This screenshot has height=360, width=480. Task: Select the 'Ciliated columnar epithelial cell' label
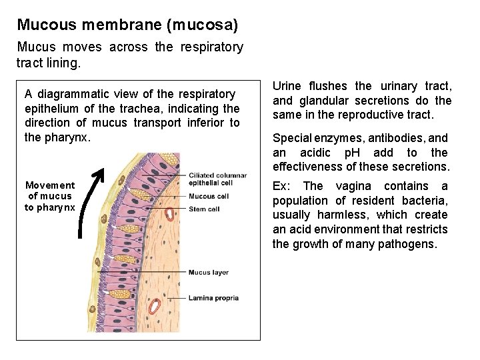point(217,179)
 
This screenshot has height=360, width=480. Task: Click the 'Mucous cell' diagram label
point(208,196)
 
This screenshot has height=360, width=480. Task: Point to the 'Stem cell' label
point(203,209)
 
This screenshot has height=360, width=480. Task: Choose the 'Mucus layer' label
point(208,273)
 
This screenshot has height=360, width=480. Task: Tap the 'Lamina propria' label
point(213,298)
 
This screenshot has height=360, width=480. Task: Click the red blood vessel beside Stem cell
point(170,215)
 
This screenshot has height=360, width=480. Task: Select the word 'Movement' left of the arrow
point(50,185)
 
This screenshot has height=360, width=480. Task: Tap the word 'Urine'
point(287,86)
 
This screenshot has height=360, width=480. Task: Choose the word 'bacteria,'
point(425,201)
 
